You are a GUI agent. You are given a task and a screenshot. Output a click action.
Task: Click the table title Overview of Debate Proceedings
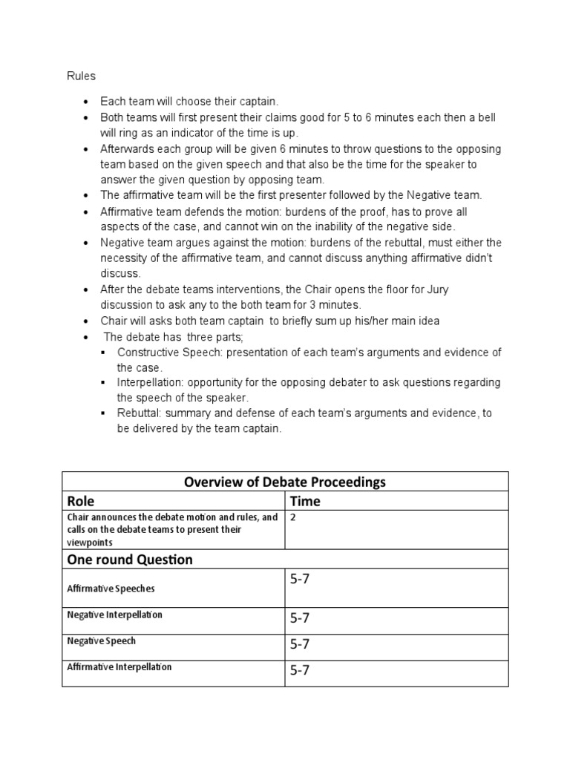coord(285,482)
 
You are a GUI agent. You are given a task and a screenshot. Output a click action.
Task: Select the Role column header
coord(81,501)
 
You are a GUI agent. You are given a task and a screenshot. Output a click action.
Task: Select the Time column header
coord(305,501)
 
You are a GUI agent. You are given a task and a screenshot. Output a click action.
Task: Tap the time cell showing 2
coord(293,517)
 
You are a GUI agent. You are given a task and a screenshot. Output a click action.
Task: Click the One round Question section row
coord(130,559)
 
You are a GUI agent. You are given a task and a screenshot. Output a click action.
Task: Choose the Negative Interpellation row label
coord(114,615)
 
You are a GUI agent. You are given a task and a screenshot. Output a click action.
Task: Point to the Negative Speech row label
coord(102,641)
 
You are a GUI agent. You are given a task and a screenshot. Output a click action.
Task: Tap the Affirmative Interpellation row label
coord(119,666)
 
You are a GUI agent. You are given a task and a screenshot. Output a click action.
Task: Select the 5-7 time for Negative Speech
coord(300,644)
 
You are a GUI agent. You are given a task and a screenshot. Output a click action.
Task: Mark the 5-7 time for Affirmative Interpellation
coord(300,670)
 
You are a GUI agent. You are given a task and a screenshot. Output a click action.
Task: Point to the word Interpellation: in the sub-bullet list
coord(151,382)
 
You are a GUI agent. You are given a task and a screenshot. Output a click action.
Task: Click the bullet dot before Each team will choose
coord(88,101)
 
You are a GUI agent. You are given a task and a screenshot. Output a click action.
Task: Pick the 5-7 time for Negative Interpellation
coord(300,618)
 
